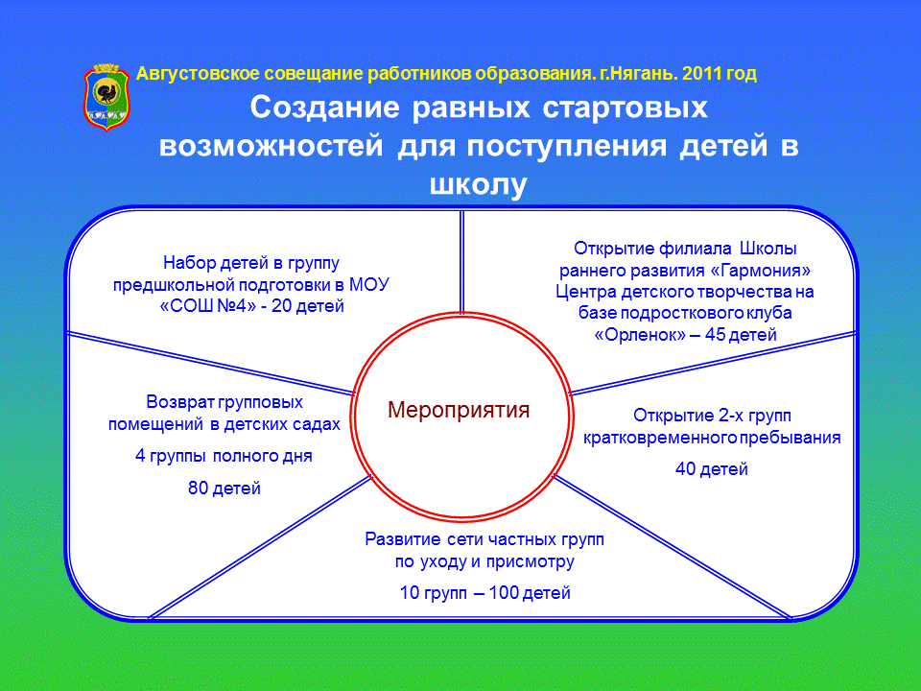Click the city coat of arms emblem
[106, 98]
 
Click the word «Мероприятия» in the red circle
[459, 410]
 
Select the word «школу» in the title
[478, 184]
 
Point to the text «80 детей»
[224, 488]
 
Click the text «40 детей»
[711, 469]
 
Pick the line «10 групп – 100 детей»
[485, 592]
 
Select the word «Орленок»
[640, 335]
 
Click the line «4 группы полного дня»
[224, 456]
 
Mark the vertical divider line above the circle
[461, 262]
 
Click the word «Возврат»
[180, 402]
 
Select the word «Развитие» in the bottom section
[403, 539]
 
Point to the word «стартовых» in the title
[625, 108]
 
